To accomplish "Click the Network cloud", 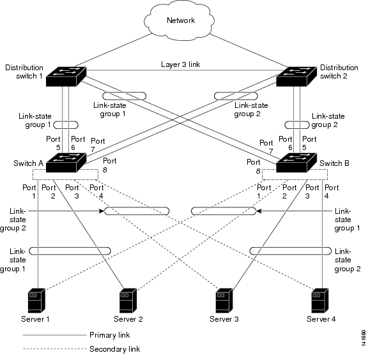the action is tap(180, 20).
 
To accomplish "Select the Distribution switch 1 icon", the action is tap(66, 77).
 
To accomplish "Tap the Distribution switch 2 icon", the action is tap(296, 77).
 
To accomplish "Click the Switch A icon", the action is tap(66, 163).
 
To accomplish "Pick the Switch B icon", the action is tap(296, 163).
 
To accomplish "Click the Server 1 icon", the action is tap(36, 301).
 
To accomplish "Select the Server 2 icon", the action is tap(128, 301).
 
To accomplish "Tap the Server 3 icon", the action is tap(224, 301).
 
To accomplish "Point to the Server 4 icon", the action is tap(320, 301).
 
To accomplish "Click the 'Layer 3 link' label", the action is tap(180, 64).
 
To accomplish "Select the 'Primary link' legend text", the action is tap(110, 335).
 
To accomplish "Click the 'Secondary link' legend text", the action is tap(115, 349).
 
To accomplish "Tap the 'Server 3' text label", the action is tap(224, 319).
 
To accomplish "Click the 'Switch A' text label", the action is tap(28, 163).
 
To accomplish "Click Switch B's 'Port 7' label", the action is tap(266, 147).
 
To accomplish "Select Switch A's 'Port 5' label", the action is tap(53, 143).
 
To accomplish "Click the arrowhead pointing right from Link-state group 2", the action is tap(102, 211).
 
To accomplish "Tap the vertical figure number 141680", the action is tap(364, 338).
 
